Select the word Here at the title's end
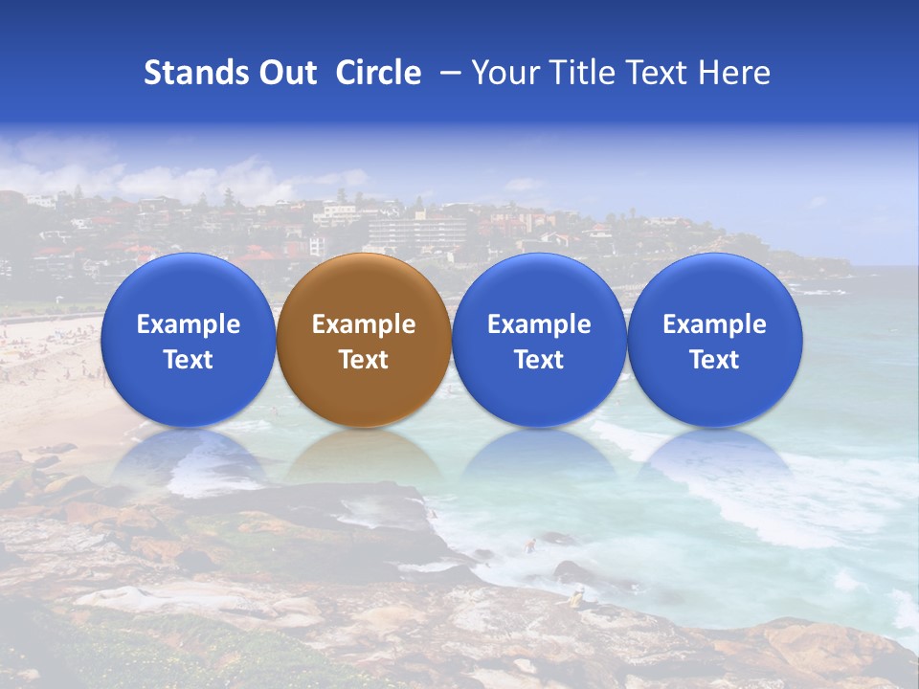point(734,73)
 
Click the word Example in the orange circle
point(363,324)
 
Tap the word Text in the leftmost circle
point(188,360)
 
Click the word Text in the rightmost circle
point(714,360)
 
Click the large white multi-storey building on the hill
point(416,231)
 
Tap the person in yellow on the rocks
point(576,599)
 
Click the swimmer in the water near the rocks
point(529,546)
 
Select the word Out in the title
point(289,73)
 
